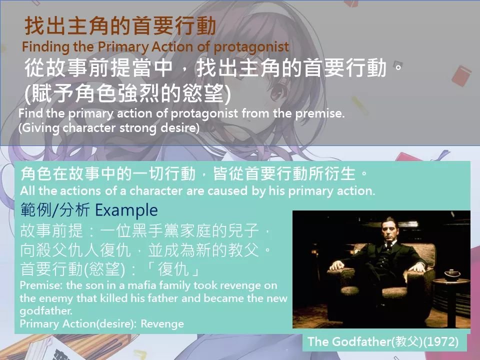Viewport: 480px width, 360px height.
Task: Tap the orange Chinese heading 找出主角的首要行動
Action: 120,25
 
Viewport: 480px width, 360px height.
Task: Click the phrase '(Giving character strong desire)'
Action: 109,127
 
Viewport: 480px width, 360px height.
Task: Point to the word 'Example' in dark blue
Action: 126,210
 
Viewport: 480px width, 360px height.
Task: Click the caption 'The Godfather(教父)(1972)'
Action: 383,341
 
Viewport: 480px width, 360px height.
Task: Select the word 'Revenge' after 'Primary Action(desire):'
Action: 162,323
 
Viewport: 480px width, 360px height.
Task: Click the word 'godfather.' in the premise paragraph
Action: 46,311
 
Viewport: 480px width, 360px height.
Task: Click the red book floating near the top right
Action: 461,75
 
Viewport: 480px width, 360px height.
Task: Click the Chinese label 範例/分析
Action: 55,210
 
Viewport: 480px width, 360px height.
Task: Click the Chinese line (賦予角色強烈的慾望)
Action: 127,93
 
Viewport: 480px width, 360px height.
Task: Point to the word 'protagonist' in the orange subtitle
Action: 251,47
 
